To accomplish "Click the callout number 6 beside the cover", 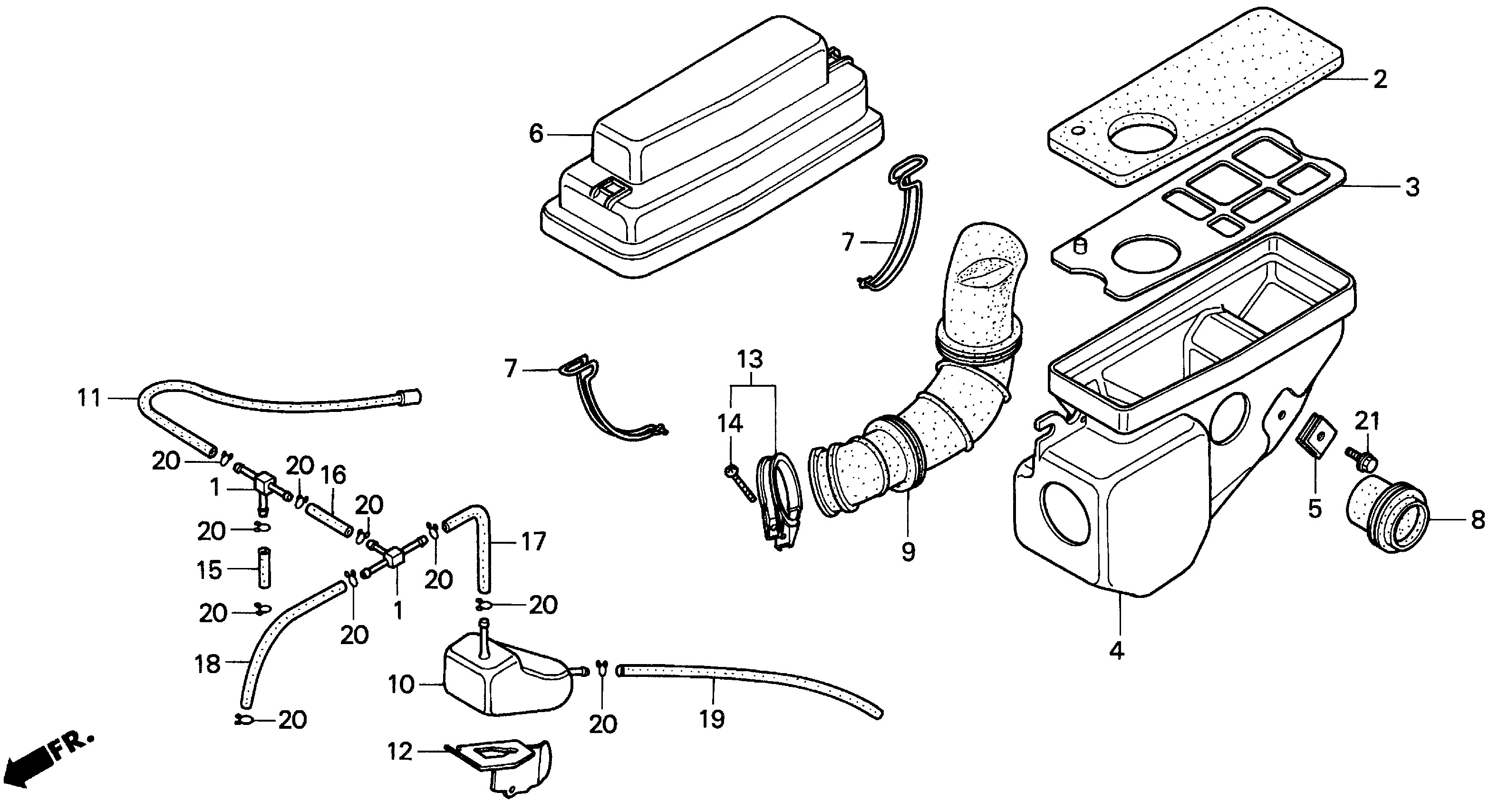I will pyautogui.click(x=535, y=135).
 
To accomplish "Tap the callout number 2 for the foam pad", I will pyautogui.click(x=1380, y=80).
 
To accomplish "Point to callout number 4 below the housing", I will pyautogui.click(x=1116, y=650).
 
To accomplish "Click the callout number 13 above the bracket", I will pyautogui.click(x=750, y=360).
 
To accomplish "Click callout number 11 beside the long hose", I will pyautogui.click(x=89, y=399).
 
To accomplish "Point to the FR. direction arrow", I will pyautogui.click(x=49, y=760).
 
